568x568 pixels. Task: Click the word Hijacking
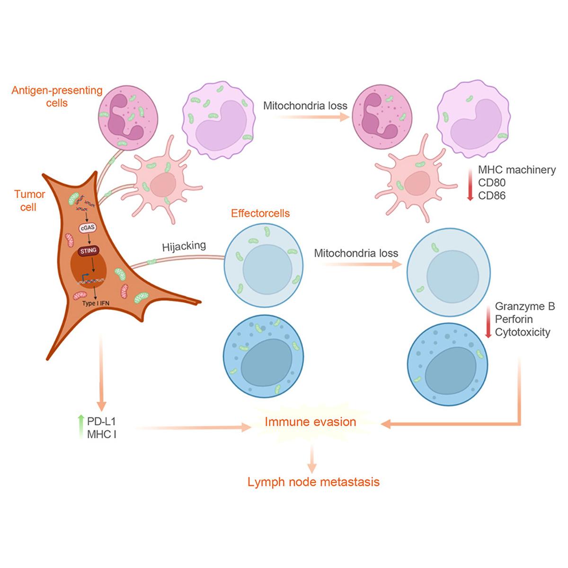184,246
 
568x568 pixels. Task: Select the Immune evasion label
311,422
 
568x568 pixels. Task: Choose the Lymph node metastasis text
314,482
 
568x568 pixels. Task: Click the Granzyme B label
524,307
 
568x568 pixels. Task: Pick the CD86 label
492,195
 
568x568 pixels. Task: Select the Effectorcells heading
260,213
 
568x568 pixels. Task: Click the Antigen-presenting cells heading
57,96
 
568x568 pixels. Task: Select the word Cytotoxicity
523,332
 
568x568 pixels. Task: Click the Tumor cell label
29,201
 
